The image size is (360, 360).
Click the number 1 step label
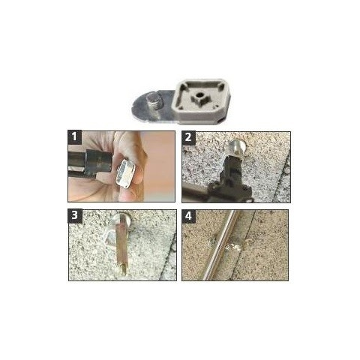point(74,137)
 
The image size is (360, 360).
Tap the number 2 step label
point(188,137)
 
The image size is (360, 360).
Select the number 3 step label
point(75,215)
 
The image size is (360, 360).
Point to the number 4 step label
point(188,216)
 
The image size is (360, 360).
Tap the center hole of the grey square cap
point(199,95)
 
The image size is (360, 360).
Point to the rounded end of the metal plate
point(137,107)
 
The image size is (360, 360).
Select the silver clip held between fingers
point(125,173)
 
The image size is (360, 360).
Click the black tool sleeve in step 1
point(98,161)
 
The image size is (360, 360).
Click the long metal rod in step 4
point(219,245)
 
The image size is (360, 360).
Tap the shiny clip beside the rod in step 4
point(233,247)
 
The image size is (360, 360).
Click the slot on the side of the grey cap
point(220,120)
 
